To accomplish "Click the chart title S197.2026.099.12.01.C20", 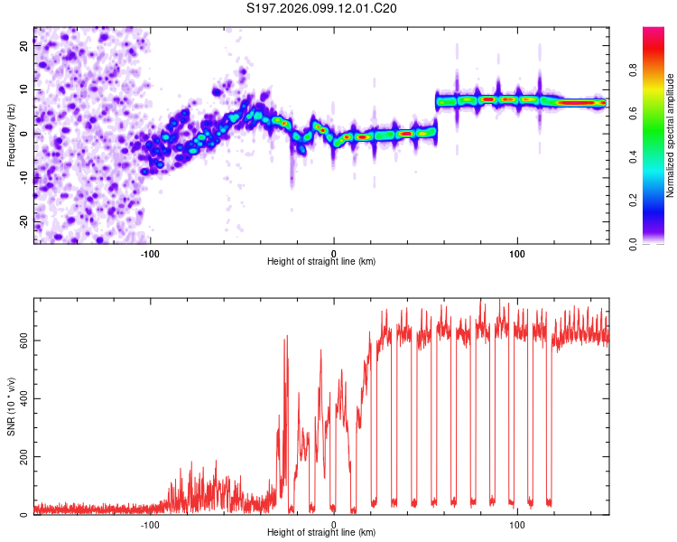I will click(321, 8).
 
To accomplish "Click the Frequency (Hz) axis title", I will click(11, 135).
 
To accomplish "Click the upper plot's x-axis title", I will click(321, 261).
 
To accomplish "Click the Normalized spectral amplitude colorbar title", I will click(670, 135).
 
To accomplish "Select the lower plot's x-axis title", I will click(321, 533).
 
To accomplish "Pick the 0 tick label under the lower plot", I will click(334, 524).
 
